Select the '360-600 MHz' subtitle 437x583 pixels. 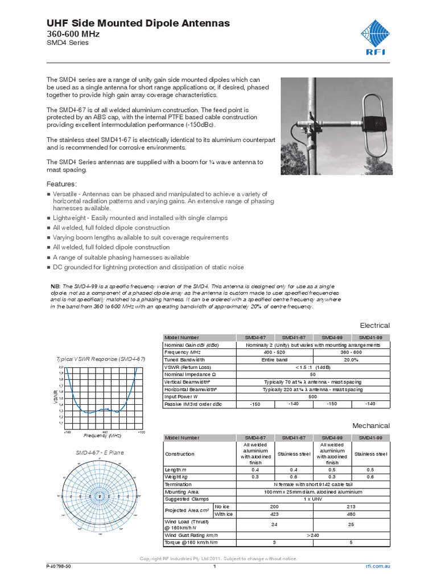click(x=69, y=34)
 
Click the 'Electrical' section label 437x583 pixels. click(x=374, y=325)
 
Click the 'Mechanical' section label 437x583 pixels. click(x=371, y=425)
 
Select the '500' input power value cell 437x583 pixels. click(x=312, y=396)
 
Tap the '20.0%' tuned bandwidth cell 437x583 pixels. click(x=351, y=360)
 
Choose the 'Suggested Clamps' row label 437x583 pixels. click(x=184, y=499)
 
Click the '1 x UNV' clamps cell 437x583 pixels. click(x=312, y=499)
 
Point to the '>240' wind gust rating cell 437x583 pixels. click(x=312, y=535)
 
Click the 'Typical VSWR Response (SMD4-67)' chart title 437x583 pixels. click(x=101, y=359)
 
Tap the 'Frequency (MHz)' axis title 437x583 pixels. click(x=103, y=435)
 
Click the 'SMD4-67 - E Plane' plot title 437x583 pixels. click(x=100, y=453)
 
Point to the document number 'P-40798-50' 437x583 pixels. click(x=59, y=567)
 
